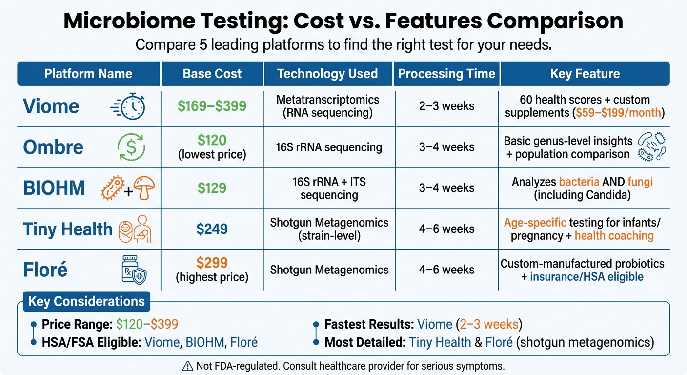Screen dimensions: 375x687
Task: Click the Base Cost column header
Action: (212, 74)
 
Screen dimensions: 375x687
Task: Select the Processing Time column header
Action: (446, 74)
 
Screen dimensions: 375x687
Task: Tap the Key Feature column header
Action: (585, 74)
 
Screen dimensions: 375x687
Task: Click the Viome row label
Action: (51, 106)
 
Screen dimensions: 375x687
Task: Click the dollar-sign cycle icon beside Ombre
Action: (131, 147)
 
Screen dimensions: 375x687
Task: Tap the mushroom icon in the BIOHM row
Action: (144, 188)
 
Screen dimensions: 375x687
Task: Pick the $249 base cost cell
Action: (212, 229)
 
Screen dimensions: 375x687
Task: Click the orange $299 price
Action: (212, 263)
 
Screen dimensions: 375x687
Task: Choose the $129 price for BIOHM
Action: (212, 188)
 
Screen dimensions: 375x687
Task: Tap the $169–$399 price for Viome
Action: (212, 106)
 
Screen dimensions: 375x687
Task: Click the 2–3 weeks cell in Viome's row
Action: (446, 106)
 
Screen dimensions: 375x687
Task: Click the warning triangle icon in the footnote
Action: (187, 366)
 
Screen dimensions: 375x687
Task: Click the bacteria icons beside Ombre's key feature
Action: (651, 147)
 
